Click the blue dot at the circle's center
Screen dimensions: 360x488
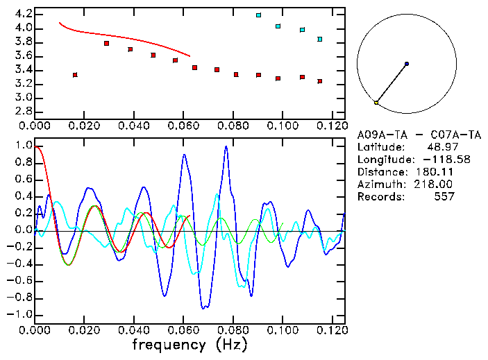[406, 64]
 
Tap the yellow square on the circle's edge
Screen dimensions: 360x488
[376, 103]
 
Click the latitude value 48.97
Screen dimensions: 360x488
[441, 147]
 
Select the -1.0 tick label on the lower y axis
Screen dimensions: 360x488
[19, 314]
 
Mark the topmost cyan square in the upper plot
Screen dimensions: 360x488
[258, 15]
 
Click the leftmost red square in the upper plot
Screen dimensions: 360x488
[75, 74]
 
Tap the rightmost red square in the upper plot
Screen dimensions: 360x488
[319, 81]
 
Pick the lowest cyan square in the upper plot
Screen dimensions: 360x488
[319, 39]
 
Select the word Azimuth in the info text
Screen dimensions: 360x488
[378, 185]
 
